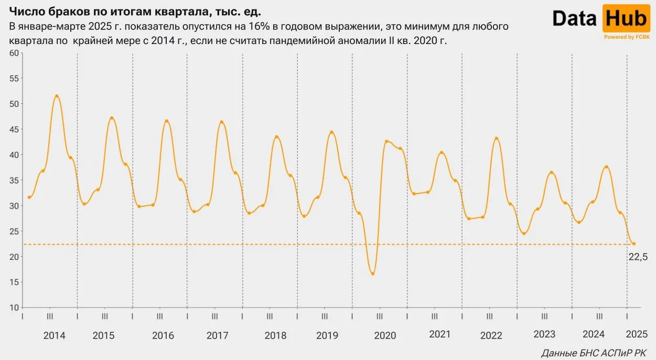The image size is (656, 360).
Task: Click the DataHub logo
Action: coord(600,19)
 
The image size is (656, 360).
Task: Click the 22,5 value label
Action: coord(638,256)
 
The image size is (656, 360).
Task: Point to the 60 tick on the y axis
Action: coord(14,53)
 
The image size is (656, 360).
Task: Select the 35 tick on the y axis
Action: coord(14,180)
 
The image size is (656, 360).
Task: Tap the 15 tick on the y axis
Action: coord(14,282)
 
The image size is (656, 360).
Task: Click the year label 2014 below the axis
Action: coord(55,335)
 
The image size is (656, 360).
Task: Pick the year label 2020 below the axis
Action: coord(385,335)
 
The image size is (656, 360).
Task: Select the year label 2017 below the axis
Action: coord(218,335)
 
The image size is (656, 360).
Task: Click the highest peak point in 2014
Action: coord(57,96)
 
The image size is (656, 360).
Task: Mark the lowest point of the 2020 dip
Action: coord(372,274)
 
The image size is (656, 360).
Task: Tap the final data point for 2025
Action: coord(633,244)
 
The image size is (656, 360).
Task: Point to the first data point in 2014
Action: coord(29,197)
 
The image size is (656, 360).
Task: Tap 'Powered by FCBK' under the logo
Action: coord(627,37)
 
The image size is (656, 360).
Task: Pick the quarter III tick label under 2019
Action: coord(325,316)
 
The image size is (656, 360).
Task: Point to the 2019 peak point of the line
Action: coord(331,132)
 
